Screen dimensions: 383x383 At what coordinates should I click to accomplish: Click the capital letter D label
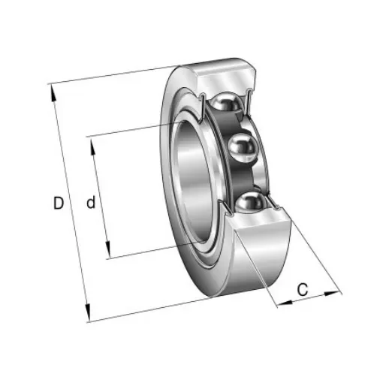[58, 202]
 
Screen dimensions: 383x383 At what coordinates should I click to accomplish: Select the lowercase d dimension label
[90, 202]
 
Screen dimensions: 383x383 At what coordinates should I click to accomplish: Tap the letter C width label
[303, 289]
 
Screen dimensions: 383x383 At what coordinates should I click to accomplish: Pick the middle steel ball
[242, 149]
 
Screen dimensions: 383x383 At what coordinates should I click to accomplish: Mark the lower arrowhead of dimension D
[89, 315]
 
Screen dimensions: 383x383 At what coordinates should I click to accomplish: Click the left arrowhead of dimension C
[280, 303]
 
